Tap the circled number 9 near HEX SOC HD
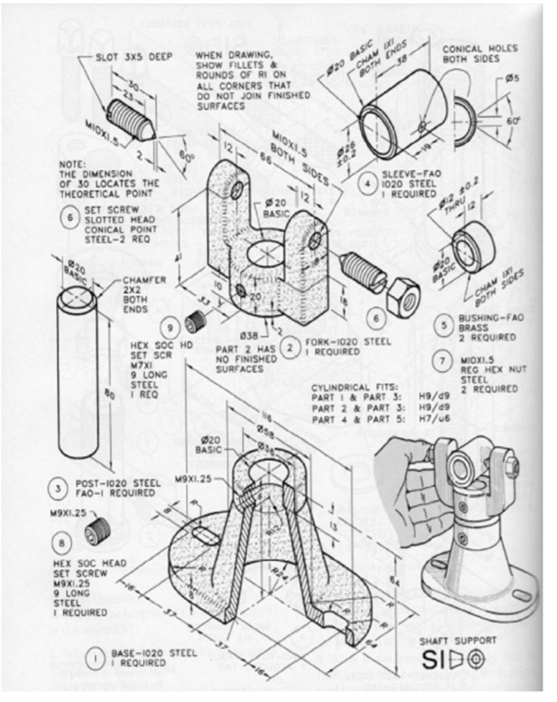click(170, 329)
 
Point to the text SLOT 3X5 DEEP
click(134, 56)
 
